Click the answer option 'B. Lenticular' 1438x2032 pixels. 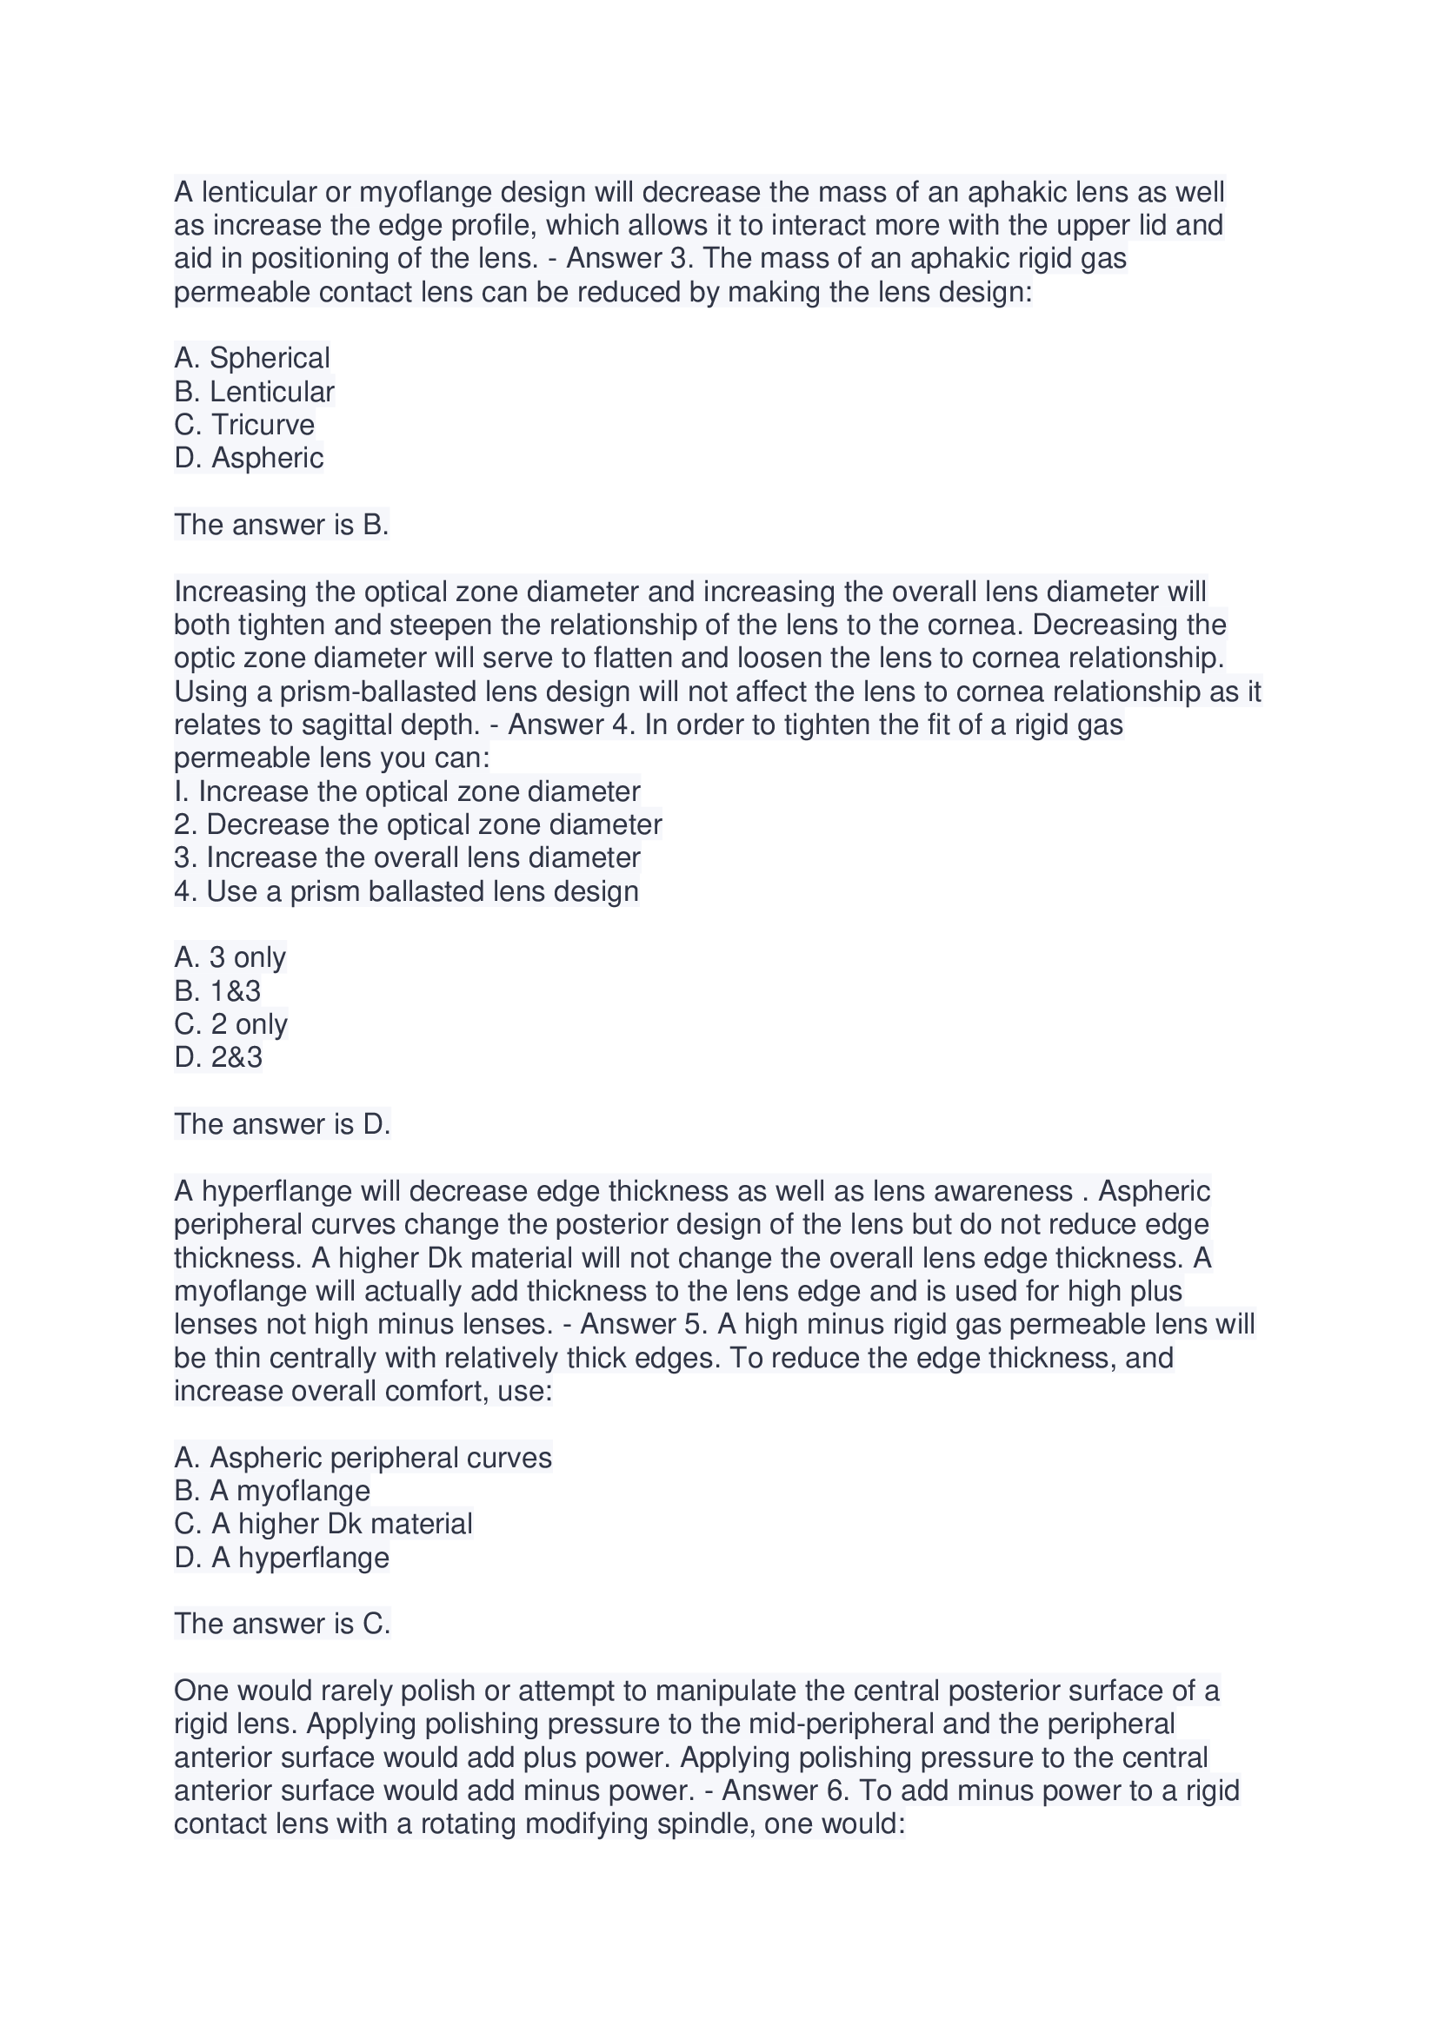(x=254, y=391)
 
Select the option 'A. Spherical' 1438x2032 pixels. (x=251, y=358)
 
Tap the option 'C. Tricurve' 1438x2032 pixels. (x=244, y=425)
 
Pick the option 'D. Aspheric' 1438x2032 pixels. (x=249, y=458)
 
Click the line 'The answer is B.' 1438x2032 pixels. (x=281, y=525)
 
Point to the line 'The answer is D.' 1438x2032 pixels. (x=282, y=1124)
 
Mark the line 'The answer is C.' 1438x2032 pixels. (x=282, y=1623)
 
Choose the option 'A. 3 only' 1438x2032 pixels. (x=230, y=957)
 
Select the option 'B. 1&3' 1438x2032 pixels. (x=218, y=990)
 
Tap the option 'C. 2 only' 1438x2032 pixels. (x=231, y=1024)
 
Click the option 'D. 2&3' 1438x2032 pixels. (x=219, y=1056)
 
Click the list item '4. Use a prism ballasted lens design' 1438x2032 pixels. (x=406, y=890)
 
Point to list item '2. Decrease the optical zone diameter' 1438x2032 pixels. (x=418, y=824)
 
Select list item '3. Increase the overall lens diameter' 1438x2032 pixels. (x=407, y=857)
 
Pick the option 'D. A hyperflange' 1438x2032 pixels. (x=282, y=1557)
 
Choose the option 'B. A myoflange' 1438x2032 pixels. (x=272, y=1491)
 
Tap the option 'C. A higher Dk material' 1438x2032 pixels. (x=323, y=1524)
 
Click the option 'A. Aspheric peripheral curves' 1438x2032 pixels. (x=363, y=1458)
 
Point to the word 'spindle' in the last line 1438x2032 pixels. (x=691, y=1824)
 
